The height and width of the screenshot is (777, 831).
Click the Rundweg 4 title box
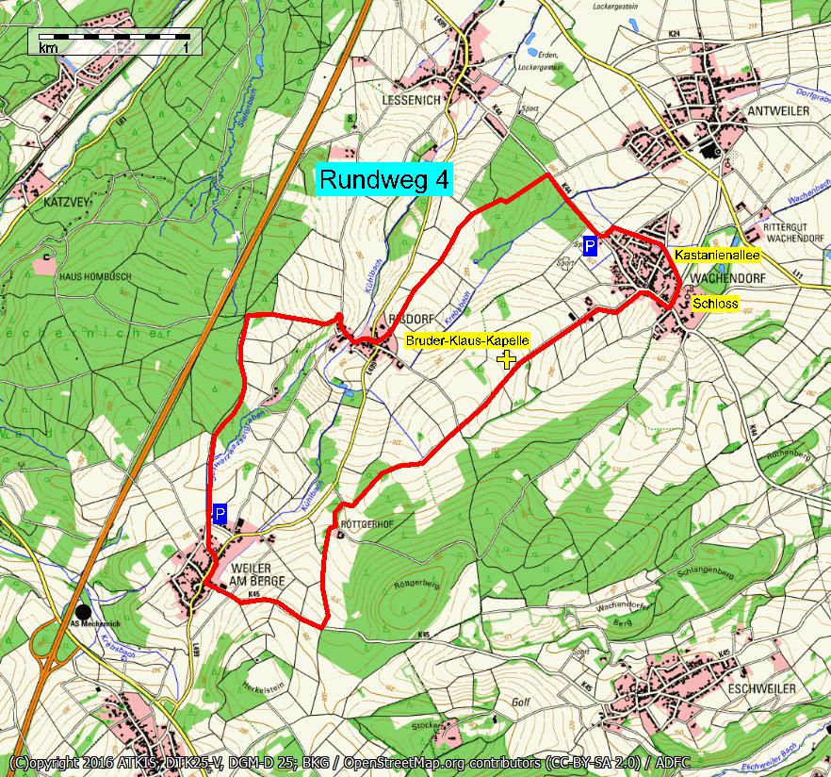383,179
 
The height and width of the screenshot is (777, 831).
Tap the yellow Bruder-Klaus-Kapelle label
467,339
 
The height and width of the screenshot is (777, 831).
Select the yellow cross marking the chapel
507,358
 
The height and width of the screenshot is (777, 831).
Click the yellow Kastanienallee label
717,255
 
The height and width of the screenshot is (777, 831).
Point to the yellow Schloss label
715,304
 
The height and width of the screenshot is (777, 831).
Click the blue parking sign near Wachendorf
590,247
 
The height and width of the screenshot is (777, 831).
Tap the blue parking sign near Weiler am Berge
220,514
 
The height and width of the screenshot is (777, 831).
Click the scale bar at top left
114,42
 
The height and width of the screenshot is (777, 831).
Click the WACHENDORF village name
732,280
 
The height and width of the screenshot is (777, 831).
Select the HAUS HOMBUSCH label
95,276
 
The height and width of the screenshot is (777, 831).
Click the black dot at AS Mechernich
84,612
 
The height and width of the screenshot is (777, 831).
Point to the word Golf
522,703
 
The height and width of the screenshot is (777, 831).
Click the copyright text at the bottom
415,762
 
